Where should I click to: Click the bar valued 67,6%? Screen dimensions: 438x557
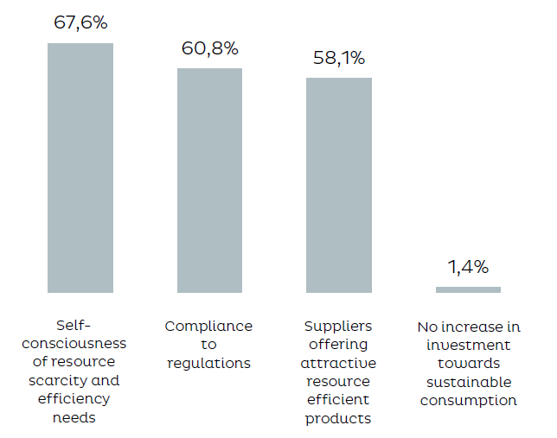pyautogui.click(x=80, y=168)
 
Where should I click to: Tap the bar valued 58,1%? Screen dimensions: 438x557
pyautogui.click(x=338, y=185)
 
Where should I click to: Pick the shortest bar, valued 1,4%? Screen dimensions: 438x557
pyautogui.click(x=468, y=289)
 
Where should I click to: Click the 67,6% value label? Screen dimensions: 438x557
pyautogui.click(x=80, y=23)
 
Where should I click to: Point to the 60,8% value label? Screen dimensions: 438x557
pyautogui.click(x=209, y=48)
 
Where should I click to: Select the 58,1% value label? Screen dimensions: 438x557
pyautogui.click(x=338, y=59)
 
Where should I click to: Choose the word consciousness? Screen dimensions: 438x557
pyautogui.click(x=80, y=344)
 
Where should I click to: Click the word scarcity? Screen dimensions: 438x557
pyautogui.click(x=67, y=380)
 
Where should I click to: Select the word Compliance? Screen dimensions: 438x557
pyautogui.click(x=209, y=326)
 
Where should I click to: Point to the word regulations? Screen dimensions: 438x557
pyautogui.click(x=209, y=363)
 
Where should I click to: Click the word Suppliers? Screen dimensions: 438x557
pyautogui.click(x=338, y=326)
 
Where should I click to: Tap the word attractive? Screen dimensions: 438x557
pyautogui.click(x=338, y=363)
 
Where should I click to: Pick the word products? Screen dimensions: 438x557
pyautogui.click(x=338, y=418)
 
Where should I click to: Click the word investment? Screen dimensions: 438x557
pyautogui.click(x=468, y=345)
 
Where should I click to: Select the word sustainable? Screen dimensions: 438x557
pyautogui.click(x=468, y=381)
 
